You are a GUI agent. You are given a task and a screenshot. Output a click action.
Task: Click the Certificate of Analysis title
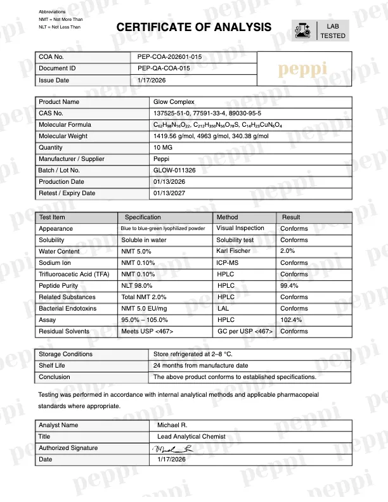(194, 27)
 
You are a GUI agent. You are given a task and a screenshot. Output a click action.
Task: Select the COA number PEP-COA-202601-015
(169, 57)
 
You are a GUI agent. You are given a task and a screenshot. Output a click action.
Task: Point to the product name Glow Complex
(174, 102)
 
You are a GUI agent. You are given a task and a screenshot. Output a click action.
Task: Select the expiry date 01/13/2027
(168, 193)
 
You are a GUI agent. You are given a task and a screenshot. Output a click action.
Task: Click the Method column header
(227, 217)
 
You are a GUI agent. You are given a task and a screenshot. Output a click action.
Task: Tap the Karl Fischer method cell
(233, 252)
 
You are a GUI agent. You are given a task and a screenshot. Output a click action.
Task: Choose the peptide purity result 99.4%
(290, 286)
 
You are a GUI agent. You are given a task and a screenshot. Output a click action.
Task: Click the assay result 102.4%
(292, 320)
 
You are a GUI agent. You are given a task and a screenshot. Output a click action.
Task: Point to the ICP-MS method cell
(230, 263)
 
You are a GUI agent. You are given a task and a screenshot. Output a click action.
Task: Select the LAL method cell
(223, 309)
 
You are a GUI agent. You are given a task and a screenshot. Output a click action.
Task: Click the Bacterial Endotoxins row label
(68, 309)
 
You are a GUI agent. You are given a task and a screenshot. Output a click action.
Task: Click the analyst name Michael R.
(172, 425)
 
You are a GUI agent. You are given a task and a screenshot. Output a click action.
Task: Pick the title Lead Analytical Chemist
(192, 437)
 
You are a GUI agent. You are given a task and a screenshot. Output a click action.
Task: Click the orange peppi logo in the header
(304, 69)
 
